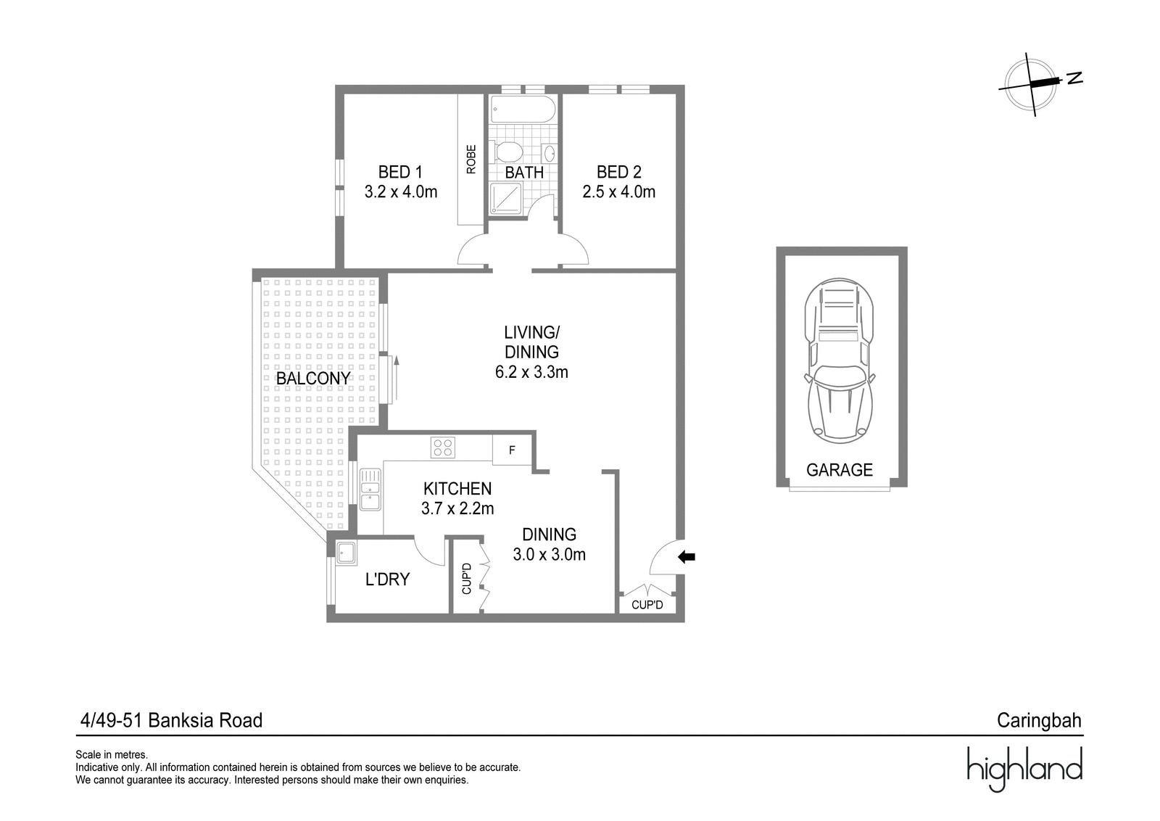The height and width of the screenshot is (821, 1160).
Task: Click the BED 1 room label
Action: point(400,172)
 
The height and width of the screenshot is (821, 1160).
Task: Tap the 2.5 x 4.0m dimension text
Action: point(619,192)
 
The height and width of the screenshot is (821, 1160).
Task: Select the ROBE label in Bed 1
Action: point(471,160)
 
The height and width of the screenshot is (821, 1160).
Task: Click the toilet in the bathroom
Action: point(508,152)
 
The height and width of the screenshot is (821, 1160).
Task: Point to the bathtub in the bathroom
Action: point(523,110)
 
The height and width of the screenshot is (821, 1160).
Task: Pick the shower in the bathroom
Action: point(506,199)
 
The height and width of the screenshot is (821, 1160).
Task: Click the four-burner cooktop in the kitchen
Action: point(443,447)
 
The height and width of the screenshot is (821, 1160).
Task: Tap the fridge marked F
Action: point(512,450)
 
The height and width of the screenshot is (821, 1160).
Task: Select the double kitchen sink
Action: point(370,490)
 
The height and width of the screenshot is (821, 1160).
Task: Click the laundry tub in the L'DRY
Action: point(345,553)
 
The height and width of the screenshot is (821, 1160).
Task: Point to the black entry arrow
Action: point(687,557)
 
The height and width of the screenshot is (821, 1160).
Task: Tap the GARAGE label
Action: point(840,470)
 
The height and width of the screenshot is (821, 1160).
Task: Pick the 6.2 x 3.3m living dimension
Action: point(532,373)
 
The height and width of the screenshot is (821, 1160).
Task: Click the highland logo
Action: point(1025,770)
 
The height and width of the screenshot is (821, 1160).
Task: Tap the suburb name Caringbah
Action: point(1039,720)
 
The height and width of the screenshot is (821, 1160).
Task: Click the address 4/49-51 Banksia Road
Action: point(171,720)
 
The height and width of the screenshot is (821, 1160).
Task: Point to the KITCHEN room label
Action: point(457,488)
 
